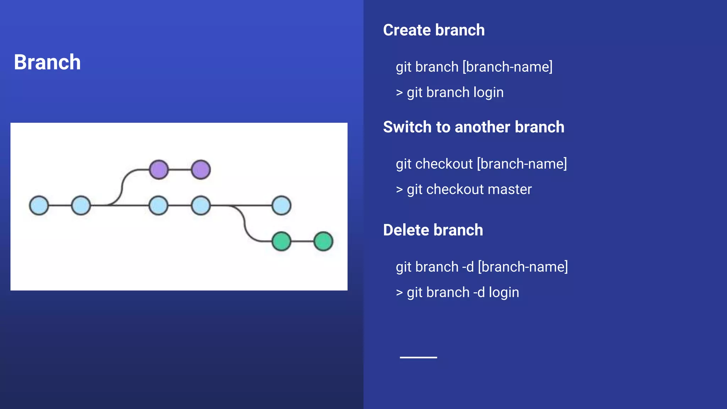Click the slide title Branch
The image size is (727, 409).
pyautogui.click(x=47, y=62)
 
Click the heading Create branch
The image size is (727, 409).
pyautogui.click(x=433, y=30)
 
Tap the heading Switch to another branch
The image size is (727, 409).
pyautogui.click(x=473, y=127)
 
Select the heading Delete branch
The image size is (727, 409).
pyautogui.click(x=433, y=230)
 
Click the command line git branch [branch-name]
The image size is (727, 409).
pyautogui.click(x=474, y=67)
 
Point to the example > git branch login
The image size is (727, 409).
pyautogui.click(x=449, y=93)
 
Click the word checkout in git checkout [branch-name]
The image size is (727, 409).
pyautogui.click(x=444, y=164)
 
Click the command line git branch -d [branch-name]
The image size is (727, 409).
pyautogui.click(x=481, y=267)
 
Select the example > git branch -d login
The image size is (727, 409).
pyautogui.click(x=457, y=293)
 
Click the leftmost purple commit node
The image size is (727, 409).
pyautogui.click(x=159, y=169)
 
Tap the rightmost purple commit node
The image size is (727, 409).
pyautogui.click(x=201, y=169)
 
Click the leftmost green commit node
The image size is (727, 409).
pyautogui.click(x=281, y=241)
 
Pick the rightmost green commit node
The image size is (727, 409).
pyautogui.click(x=323, y=241)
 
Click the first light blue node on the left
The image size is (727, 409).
pyautogui.click(x=39, y=206)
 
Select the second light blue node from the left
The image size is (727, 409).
pyautogui.click(x=81, y=206)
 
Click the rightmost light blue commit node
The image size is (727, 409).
pyautogui.click(x=281, y=206)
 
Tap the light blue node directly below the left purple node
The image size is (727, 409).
pyautogui.click(x=159, y=206)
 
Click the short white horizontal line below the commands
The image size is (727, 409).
pyautogui.click(x=418, y=357)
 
